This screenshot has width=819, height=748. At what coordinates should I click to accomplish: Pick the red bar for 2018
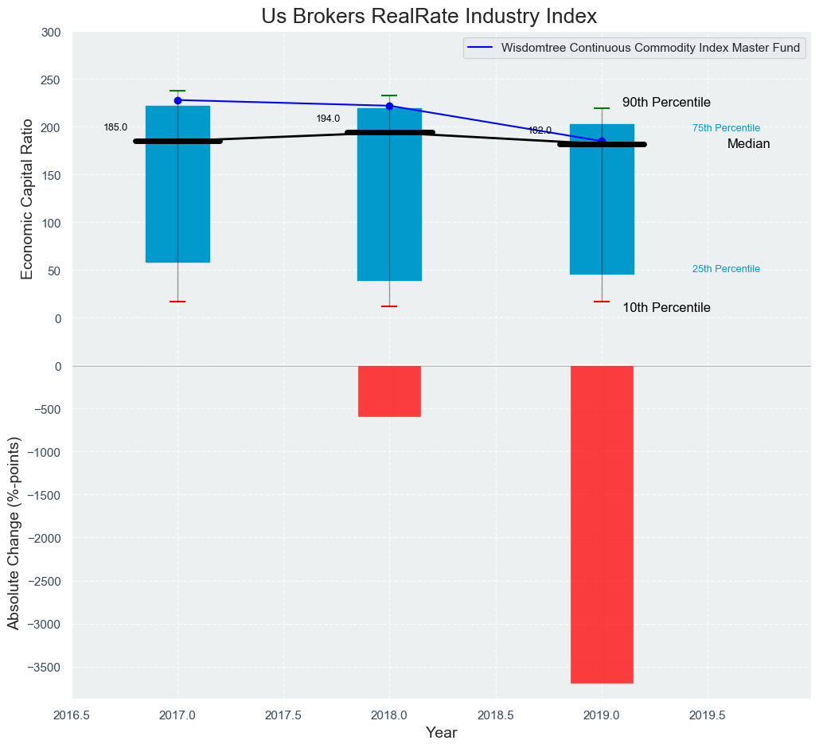point(389,391)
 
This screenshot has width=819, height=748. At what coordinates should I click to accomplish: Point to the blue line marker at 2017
point(177,100)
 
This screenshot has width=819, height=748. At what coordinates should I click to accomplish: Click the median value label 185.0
point(115,127)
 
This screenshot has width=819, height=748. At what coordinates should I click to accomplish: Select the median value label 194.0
point(328,119)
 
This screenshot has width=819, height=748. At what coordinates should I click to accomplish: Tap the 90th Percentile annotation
point(666,103)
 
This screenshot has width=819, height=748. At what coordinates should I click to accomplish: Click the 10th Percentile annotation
point(666,308)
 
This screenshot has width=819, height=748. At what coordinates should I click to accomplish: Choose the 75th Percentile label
point(726,128)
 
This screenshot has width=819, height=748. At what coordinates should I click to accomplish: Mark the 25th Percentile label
point(726,269)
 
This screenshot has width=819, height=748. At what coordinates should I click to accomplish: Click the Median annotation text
point(748,144)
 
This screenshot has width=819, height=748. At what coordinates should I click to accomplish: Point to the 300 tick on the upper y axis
point(52,33)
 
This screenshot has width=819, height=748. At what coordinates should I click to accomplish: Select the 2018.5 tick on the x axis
point(495,715)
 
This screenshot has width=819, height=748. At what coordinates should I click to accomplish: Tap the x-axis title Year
point(441,733)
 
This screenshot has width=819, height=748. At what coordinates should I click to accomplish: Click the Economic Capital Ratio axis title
point(27,198)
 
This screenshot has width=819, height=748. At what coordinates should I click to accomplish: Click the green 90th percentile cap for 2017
point(177,91)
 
